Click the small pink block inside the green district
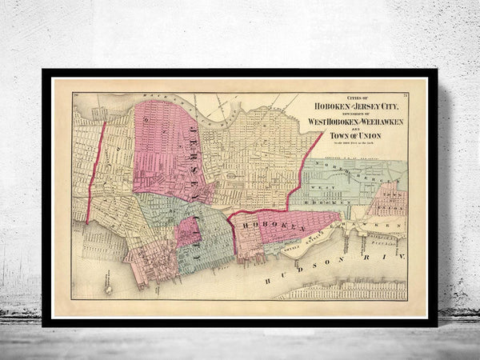click(x=188, y=232)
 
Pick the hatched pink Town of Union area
click(x=388, y=198)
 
